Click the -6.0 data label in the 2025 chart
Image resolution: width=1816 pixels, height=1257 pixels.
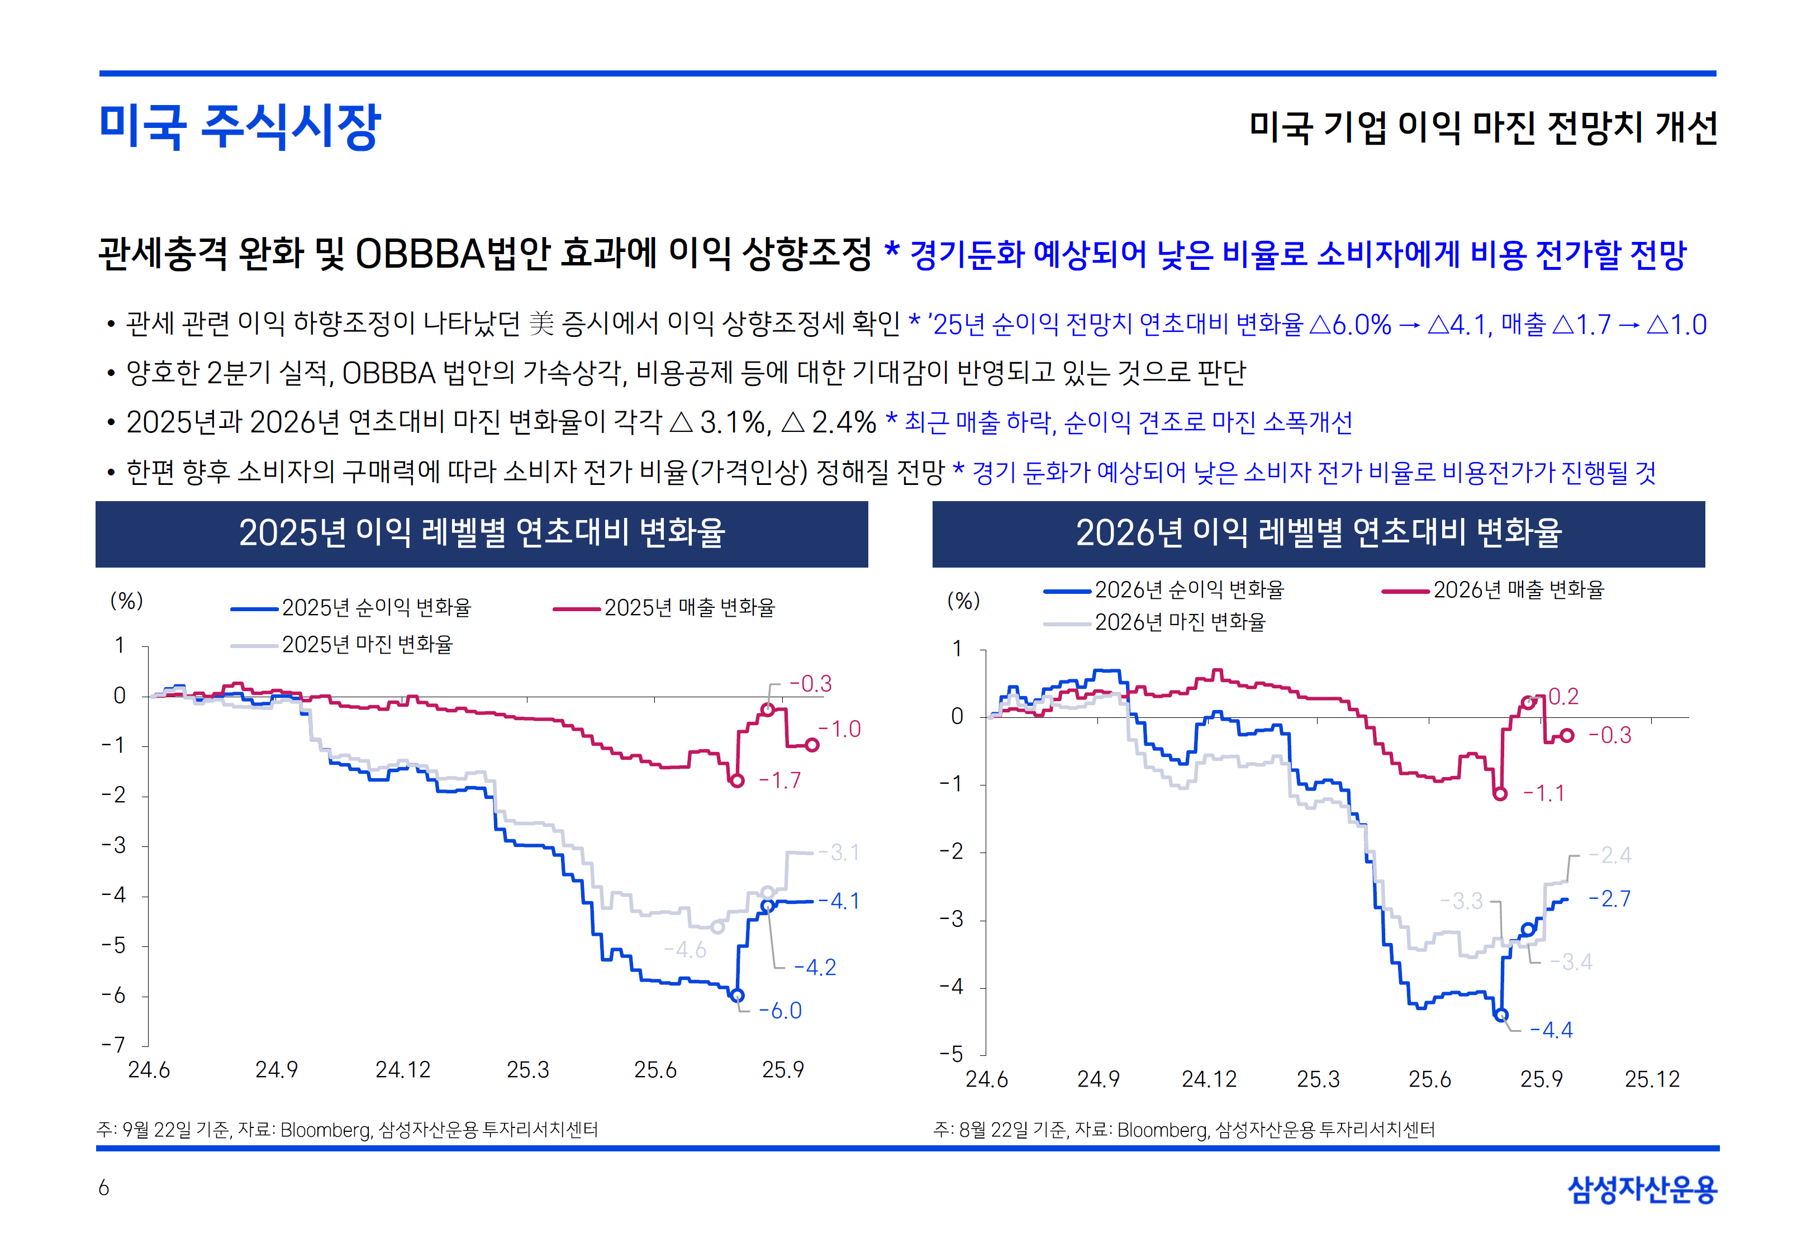pyautogui.click(x=779, y=1011)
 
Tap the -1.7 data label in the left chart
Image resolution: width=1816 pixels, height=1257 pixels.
pyautogui.click(x=779, y=780)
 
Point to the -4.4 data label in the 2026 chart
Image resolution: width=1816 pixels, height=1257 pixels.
pyautogui.click(x=1551, y=1030)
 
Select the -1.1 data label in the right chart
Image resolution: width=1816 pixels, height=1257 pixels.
pyautogui.click(x=1543, y=793)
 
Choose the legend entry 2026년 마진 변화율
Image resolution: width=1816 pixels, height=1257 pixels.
pyautogui.click(x=1179, y=622)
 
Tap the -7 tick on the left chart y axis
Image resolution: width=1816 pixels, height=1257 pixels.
pyautogui.click(x=113, y=1045)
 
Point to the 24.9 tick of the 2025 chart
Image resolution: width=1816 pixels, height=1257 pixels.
pyautogui.click(x=277, y=1069)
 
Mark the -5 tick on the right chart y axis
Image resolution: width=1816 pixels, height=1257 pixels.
pyautogui.click(x=952, y=1054)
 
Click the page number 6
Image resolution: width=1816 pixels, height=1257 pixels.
pyautogui.click(x=103, y=1188)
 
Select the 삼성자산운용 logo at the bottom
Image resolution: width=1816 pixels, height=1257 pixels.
pyautogui.click(x=1642, y=1189)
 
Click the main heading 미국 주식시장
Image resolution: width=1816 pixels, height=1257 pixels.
pyautogui.click(x=240, y=126)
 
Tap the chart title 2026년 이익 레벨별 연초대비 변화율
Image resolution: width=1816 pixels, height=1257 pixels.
pyautogui.click(x=1318, y=533)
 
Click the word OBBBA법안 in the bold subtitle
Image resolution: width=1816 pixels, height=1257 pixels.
pyautogui.click(x=453, y=254)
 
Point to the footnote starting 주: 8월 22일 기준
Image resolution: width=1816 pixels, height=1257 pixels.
pyautogui.click(x=1183, y=1130)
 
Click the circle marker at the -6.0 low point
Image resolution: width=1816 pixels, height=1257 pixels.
pyautogui.click(x=737, y=996)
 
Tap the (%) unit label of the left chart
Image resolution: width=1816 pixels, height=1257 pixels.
pyautogui.click(x=127, y=601)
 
